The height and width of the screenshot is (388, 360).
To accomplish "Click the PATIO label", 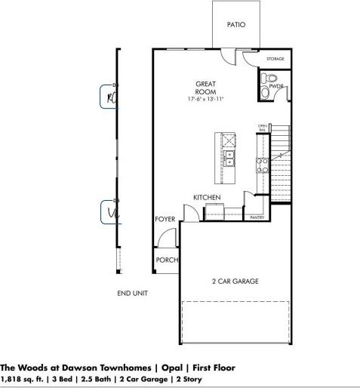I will (235, 25).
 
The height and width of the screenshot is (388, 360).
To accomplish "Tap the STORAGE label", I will (275, 58).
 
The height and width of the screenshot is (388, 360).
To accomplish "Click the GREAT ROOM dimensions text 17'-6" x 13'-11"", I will (207, 99).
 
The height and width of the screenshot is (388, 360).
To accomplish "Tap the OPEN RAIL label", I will (262, 128).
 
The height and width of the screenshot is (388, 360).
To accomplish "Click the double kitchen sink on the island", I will (228, 159).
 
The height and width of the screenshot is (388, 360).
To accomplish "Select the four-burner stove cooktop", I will (263, 165).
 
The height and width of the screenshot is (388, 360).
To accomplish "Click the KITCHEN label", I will (207, 197).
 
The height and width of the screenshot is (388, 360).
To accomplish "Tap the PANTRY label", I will (256, 217).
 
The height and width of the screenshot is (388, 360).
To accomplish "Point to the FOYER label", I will (165, 219).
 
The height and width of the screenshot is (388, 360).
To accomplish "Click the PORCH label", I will (167, 260).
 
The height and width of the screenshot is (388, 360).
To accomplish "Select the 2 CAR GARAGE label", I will (234, 281).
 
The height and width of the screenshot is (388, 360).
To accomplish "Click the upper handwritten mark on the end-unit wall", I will (110, 97).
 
